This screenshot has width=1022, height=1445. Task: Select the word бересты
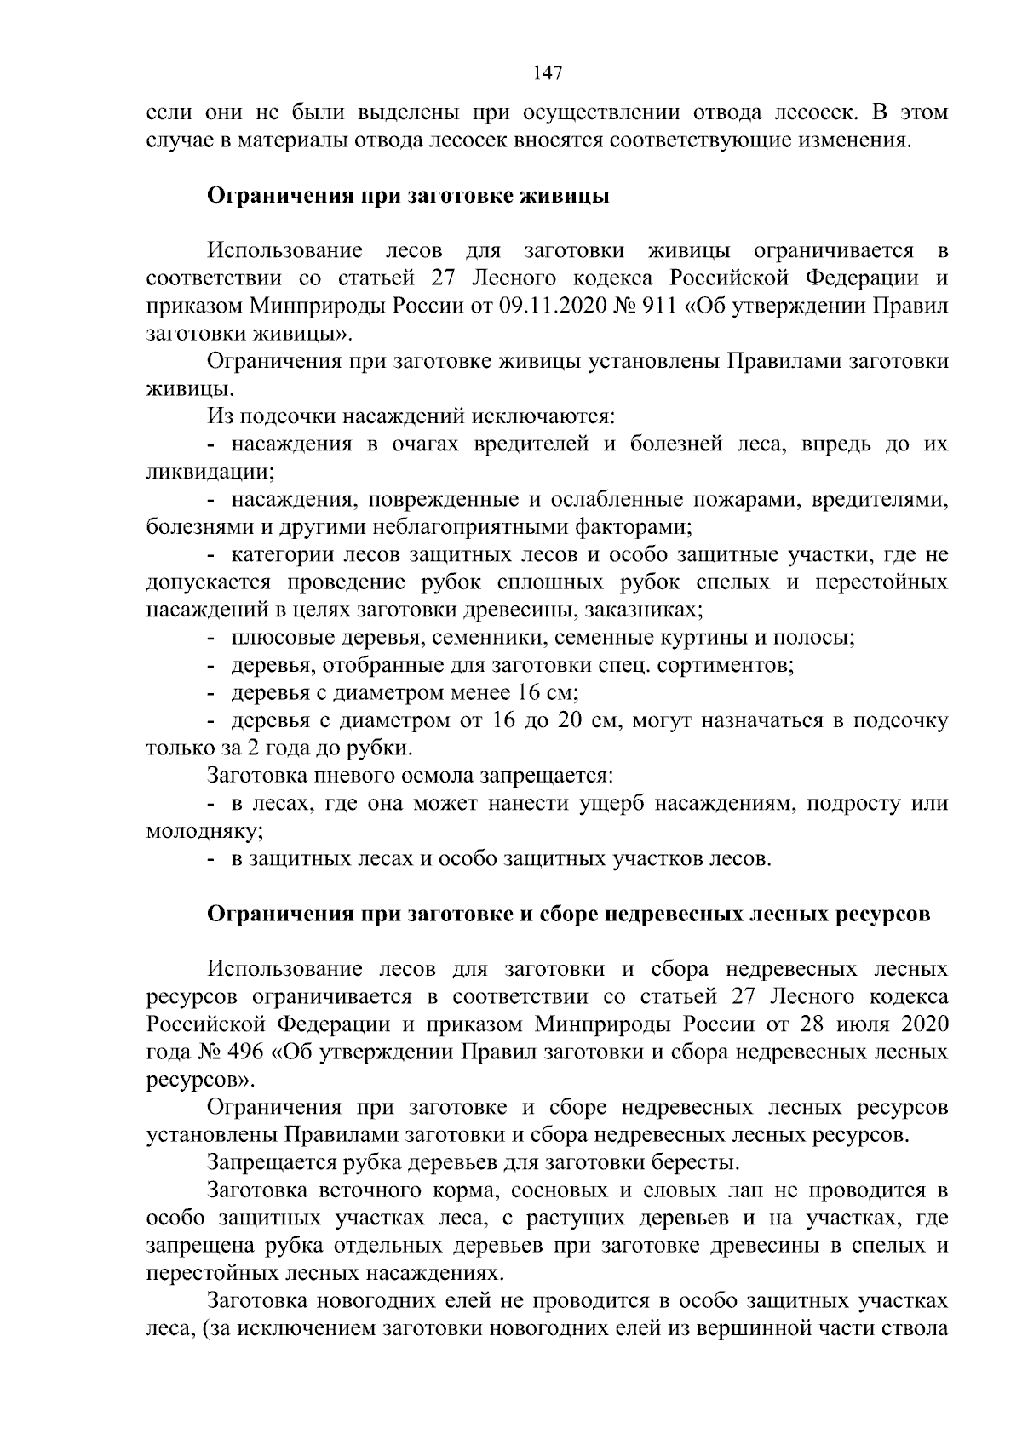coord(688,1162)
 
